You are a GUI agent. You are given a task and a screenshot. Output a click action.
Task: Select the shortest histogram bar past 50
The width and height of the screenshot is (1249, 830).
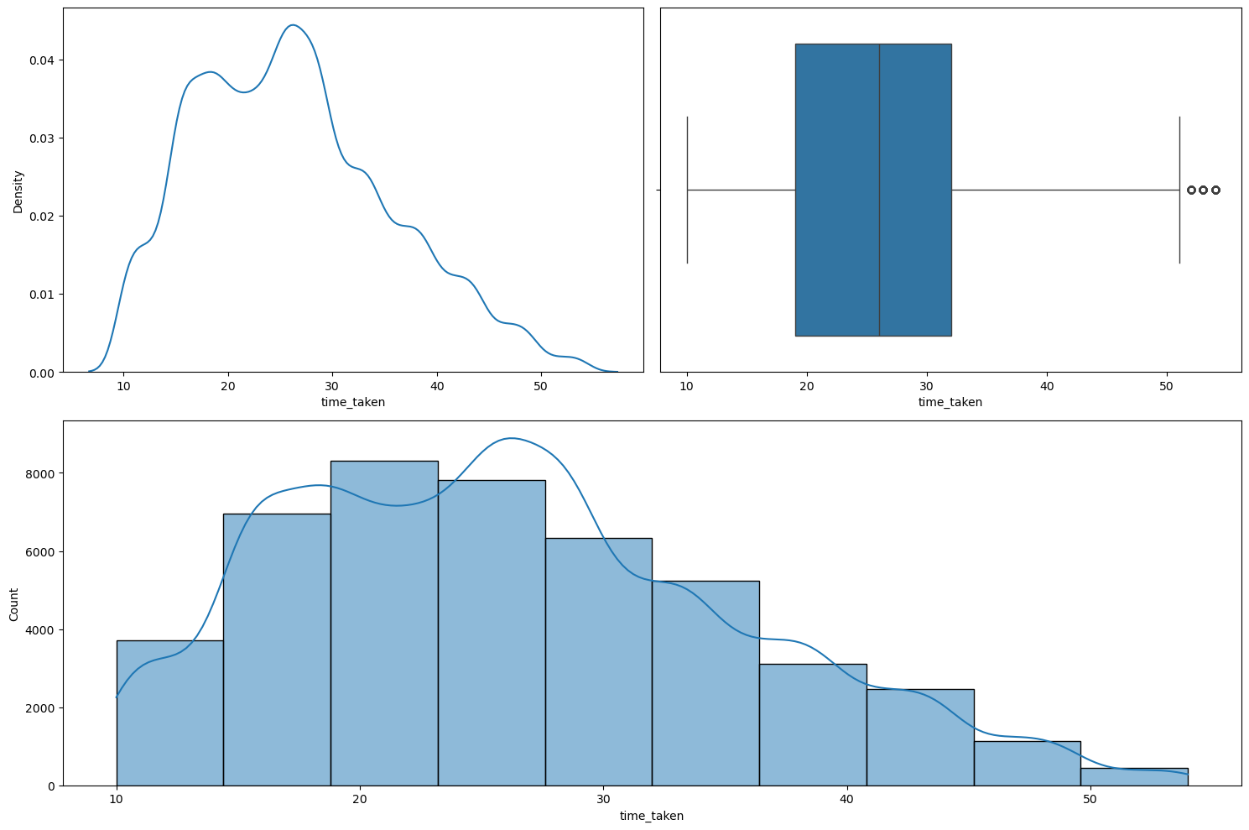(x=1134, y=777)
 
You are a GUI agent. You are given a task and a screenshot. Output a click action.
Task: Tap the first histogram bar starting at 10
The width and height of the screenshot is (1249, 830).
(x=169, y=713)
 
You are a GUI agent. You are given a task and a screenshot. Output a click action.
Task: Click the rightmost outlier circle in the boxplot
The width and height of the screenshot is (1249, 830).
(x=1215, y=190)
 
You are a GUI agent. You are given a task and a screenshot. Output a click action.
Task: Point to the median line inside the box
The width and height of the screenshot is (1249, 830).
(x=879, y=190)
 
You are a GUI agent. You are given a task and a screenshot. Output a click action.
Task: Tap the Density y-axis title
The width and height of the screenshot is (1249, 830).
(x=18, y=191)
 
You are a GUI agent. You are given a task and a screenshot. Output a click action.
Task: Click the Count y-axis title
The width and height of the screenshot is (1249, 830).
(x=14, y=604)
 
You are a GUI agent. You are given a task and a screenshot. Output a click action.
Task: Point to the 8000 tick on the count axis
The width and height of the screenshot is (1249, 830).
(x=39, y=474)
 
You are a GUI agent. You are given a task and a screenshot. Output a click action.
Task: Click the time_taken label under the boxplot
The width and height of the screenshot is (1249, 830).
(x=950, y=402)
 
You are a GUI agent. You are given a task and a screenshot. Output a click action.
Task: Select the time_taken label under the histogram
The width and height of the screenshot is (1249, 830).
(x=651, y=816)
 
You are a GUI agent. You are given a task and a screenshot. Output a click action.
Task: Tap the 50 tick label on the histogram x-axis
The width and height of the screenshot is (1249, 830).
(x=1089, y=800)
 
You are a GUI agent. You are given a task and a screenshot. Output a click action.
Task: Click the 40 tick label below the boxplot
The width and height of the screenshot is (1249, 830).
(x=1047, y=386)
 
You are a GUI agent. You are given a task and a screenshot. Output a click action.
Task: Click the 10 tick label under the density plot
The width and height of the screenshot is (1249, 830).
(x=123, y=386)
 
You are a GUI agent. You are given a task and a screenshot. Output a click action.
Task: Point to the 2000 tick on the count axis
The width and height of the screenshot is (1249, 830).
(x=39, y=708)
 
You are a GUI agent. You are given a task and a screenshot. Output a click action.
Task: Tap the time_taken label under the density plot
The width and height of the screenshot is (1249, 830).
(x=353, y=402)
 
